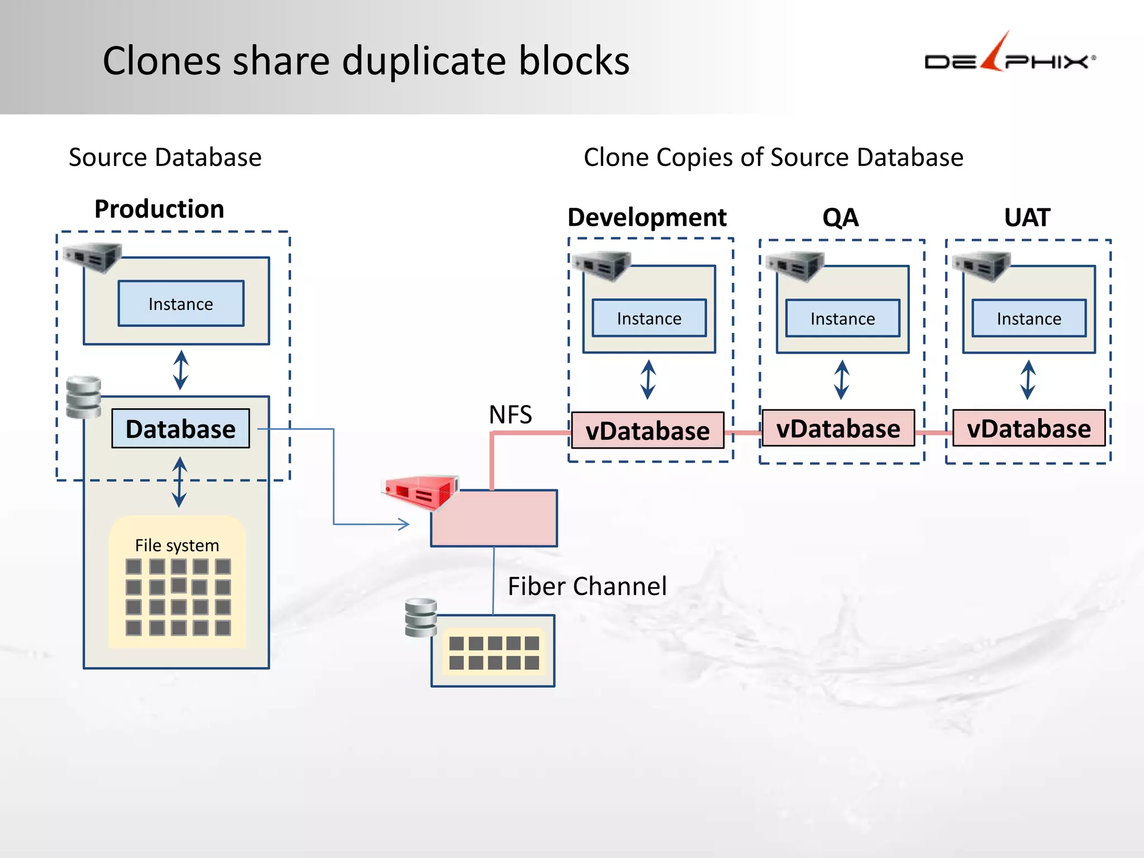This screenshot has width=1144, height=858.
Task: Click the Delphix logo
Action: coord(1010,56)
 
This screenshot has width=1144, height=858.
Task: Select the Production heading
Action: coord(159,209)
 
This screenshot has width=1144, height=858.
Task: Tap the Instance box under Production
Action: coord(180,304)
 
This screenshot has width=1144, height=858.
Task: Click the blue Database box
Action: coord(180,429)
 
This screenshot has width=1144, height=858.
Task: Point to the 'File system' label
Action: coord(177,545)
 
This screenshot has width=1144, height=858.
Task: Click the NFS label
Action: coord(510,414)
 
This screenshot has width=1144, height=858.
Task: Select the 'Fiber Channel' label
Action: coord(587,587)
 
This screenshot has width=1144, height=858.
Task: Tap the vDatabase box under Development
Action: coord(647,431)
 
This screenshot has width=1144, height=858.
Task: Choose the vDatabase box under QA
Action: coord(838,428)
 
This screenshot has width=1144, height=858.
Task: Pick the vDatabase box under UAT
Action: coord(1028,428)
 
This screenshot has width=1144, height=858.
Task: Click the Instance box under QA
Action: coord(842,318)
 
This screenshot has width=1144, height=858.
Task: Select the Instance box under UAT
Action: coord(1029,318)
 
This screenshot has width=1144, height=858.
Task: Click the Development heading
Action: coord(647,217)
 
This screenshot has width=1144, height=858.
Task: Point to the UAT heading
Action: coord(1027,217)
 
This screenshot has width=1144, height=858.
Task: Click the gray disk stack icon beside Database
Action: coord(84,397)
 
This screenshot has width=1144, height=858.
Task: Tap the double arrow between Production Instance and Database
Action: coord(180,370)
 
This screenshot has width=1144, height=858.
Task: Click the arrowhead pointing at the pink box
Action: coord(404,524)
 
